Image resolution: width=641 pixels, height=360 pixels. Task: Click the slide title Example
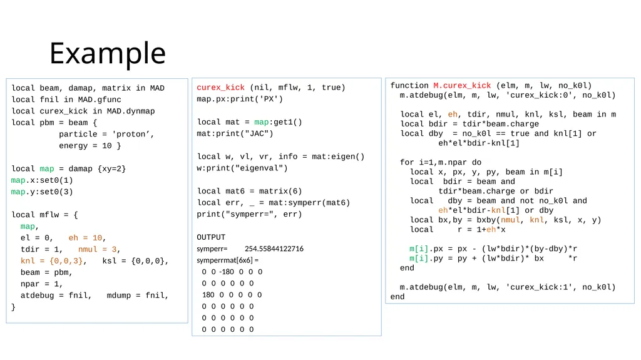(108, 53)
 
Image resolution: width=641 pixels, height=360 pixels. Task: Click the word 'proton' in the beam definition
(128, 134)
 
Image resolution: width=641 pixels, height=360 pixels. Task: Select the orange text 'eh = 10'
(85, 238)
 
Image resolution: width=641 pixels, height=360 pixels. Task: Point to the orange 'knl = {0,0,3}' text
(51, 260)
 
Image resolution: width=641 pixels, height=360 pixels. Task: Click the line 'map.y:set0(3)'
(42, 192)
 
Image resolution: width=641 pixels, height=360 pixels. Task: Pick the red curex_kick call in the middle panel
(220, 88)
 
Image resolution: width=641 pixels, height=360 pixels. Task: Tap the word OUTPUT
(211, 237)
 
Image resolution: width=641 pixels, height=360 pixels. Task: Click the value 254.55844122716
(274, 249)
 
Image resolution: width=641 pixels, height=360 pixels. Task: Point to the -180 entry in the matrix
(227, 272)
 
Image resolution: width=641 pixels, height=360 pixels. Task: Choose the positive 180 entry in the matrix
(208, 294)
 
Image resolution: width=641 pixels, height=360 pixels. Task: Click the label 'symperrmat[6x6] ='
(227, 260)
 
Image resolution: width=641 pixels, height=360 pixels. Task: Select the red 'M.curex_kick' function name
(462, 86)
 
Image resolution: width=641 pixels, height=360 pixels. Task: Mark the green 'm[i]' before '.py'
(419, 259)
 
